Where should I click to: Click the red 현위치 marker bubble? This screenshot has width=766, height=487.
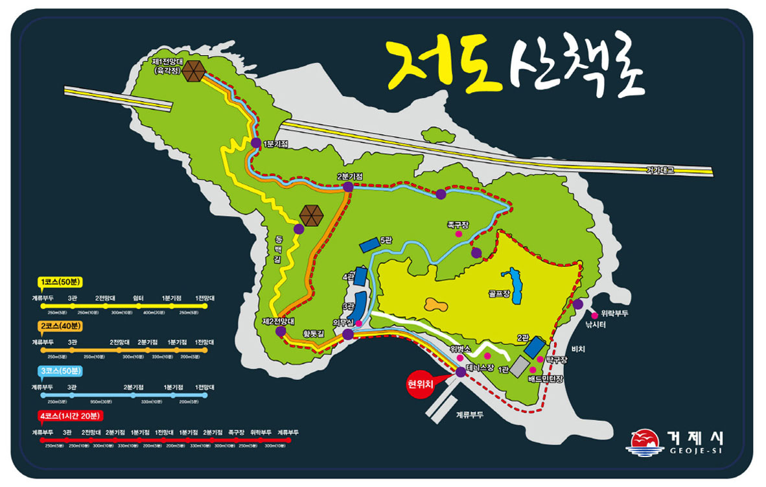pyautogui.click(x=419, y=383)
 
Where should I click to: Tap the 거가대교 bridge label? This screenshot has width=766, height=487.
pyautogui.click(x=660, y=170)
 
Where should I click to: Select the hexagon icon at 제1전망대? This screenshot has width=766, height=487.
pyautogui.click(x=193, y=71)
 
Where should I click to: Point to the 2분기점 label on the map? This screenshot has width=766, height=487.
pyautogui.click(x=349, y=176)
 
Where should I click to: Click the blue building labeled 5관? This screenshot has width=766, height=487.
pyautogui.click(x=369, y=244)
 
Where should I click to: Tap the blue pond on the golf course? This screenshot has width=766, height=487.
pyautogui.click(x=515, y=281)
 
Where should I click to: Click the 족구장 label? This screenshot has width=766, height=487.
pyautogui.click(x=458, y=225)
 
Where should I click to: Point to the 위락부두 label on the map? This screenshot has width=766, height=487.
pyautogui.click(x=615, y=314)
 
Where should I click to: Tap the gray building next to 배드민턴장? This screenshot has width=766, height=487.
pyautogui.click(x=519, y=366)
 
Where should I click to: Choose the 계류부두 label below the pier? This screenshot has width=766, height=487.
pyautogui.click(x=470, y=414)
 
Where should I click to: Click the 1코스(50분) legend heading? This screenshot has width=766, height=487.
pyautogui.click(x=59, y=283)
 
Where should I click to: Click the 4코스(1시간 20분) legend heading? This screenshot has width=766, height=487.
pyautogui.click(x=67, y=416)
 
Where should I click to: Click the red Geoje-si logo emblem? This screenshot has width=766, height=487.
pyautogui.click(x=644, y=440)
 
